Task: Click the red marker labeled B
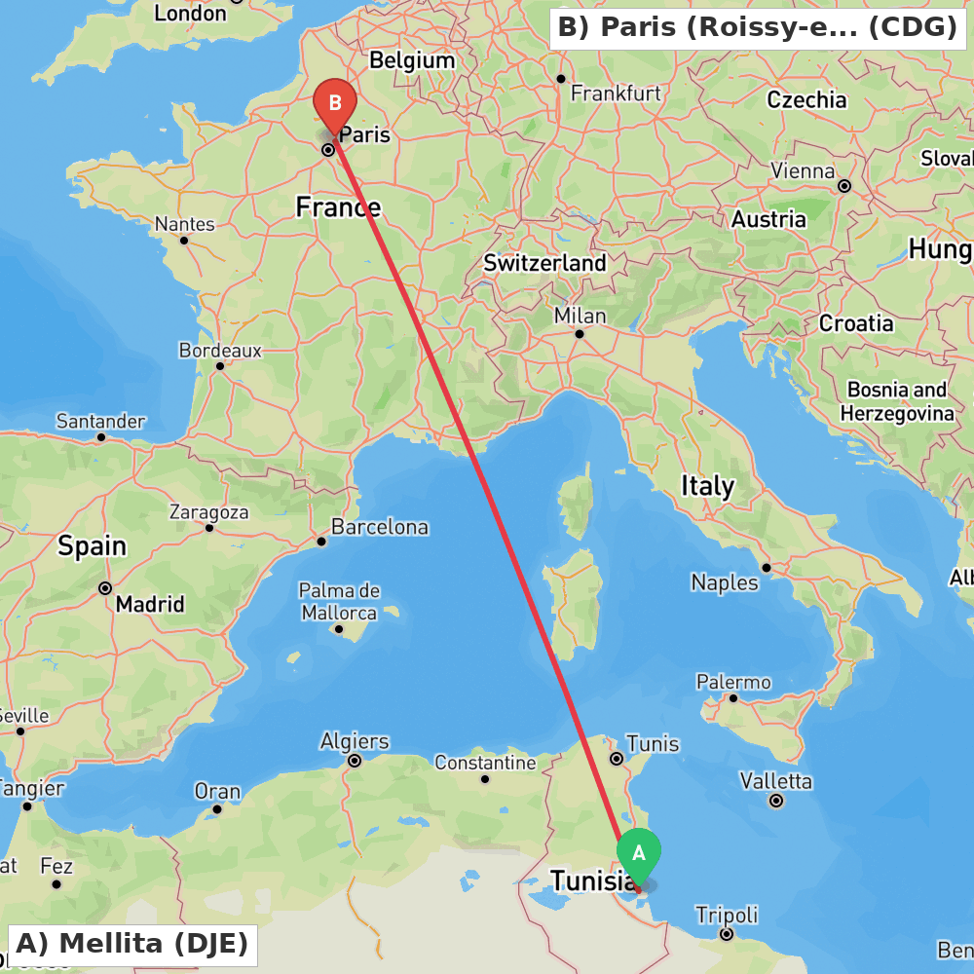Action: click(335, 103)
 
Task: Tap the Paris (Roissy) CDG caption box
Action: click(758, 27)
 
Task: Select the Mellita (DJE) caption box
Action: click(132, 944)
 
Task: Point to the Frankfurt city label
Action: click(616, 94)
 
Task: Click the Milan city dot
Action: click(579, 334)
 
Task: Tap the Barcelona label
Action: click(379, 527)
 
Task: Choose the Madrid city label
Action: click(150, 604)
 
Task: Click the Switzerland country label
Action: click(544, 263)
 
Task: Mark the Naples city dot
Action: click(767, 568)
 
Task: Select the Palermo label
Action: click(733, 682)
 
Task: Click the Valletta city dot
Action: click(776, 801)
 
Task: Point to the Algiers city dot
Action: click(355, 761)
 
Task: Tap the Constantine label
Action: click(485, 763)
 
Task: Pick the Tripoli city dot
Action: click(727, 934)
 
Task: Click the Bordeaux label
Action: click(220, 350)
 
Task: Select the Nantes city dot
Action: click(183, 240)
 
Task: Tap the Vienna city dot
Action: click(844, 186)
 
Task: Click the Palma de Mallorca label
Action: click(339, 602)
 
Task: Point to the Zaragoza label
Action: click(208, 511)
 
